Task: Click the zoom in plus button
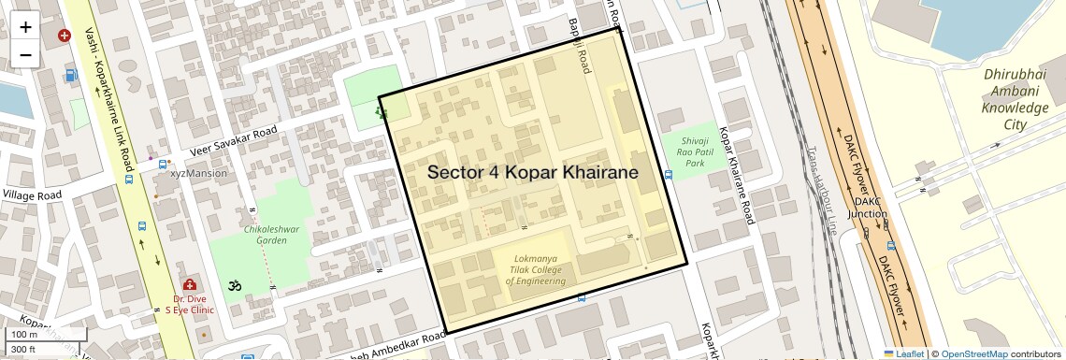[25, 26]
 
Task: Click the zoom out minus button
[25, 54]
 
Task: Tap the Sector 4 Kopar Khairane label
[533, 173]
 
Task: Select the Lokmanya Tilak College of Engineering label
[537, 269]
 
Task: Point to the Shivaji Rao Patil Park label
[694, 151]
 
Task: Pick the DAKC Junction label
[867, 208]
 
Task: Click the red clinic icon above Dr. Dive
[190, 283]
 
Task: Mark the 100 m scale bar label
[24, 335]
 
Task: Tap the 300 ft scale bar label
[22, 350]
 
